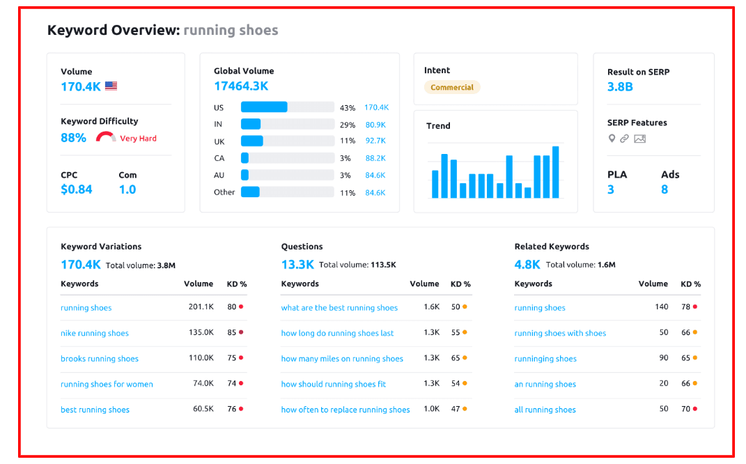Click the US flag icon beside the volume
tap(111, 86)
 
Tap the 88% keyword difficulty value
tap(73, 138)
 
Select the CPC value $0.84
tap(76, 190)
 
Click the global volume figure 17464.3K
tap(240, 86)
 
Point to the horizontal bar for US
tap(264, 107)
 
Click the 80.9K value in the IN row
tap(375, 125)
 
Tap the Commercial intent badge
tap(451, 88)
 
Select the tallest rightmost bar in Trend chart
tap(555, 172)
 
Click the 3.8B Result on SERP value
tap(620, 87)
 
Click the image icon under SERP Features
tap(639, 139)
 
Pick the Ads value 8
tap(665, 190)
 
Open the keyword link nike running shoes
tap(95, 333)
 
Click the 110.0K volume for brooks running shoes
tap(201, 358)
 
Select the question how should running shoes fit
tap(333, 384)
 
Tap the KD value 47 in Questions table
tap(456, 409)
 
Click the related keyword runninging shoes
tap(545, 359)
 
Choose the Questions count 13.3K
tap(297, 265)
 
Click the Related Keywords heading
tap(552, 247)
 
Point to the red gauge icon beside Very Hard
tap(106, 137)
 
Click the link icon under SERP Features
tap(624, 139)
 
